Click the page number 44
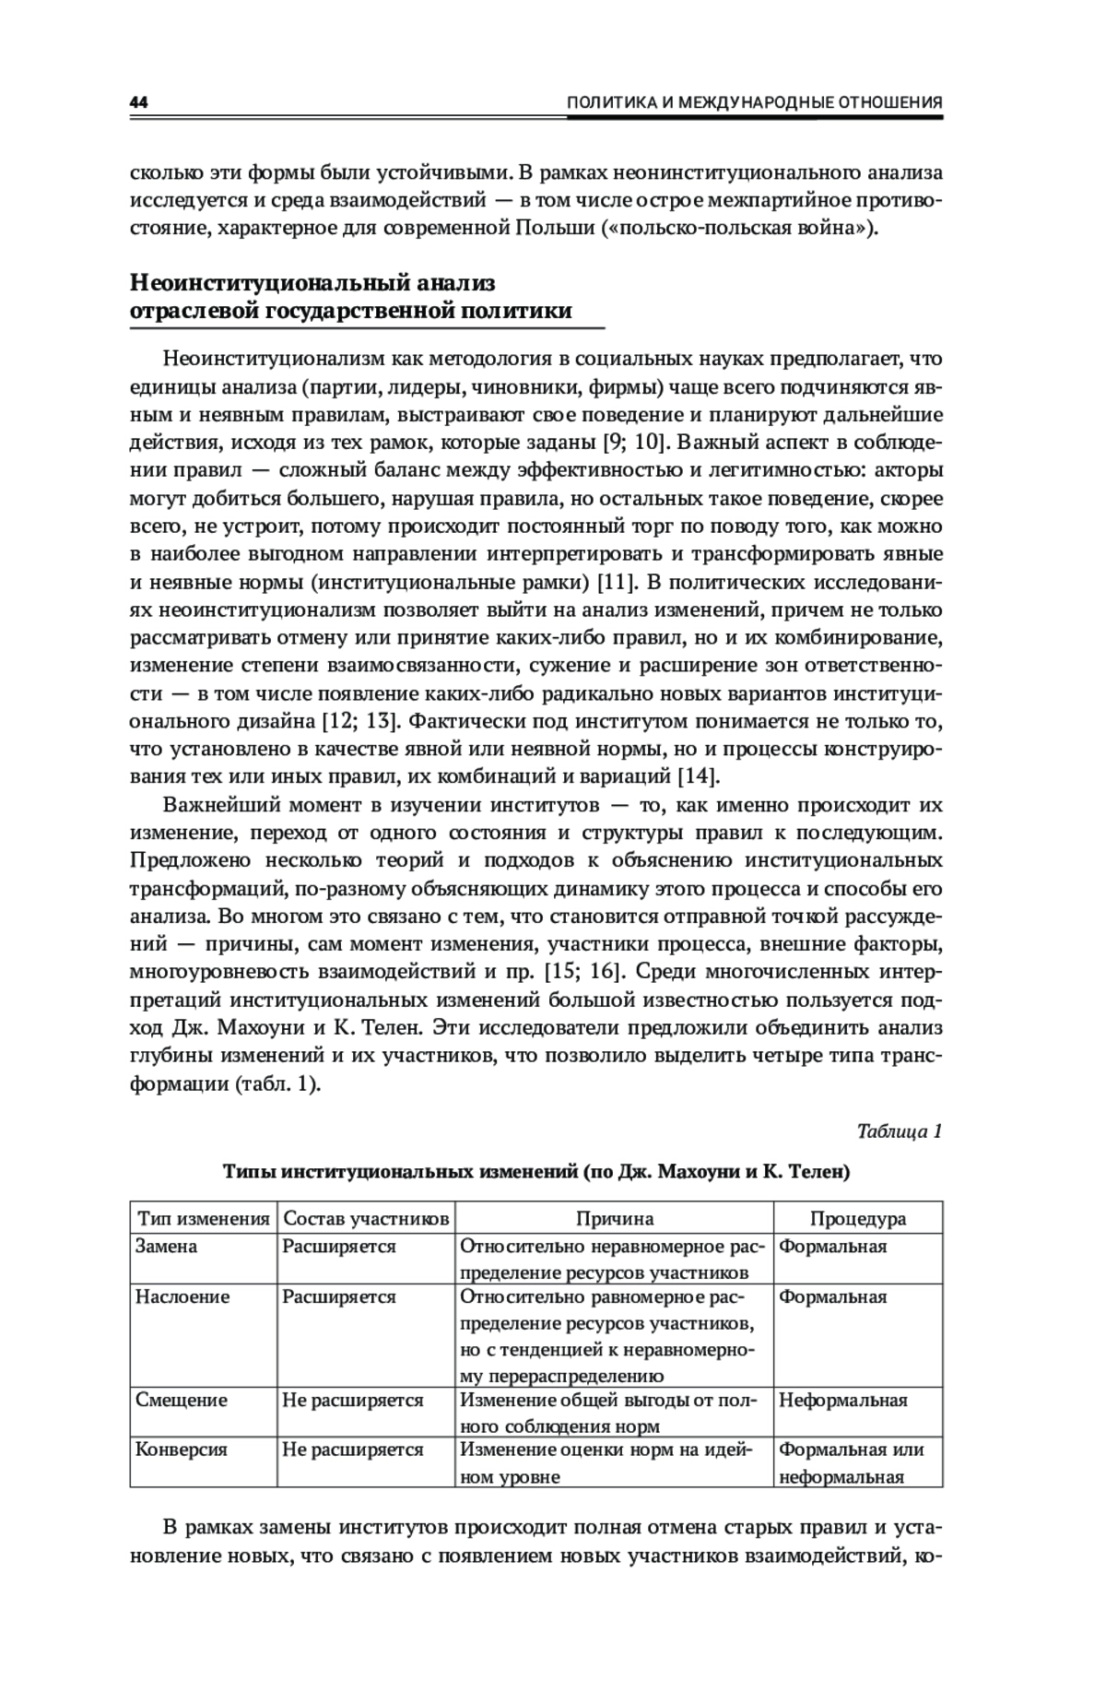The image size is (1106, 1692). coord(139,102)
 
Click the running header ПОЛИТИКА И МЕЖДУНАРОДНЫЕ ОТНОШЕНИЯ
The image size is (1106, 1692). coord(754,102)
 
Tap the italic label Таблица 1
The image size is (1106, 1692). coord(899,1130)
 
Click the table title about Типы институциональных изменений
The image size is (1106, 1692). coord(535,1172)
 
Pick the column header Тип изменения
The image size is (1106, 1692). coord(203,1218)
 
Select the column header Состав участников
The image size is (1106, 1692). coord(366,1218)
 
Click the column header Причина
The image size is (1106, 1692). coord(615,1218)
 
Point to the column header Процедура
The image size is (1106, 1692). coord(857,1218)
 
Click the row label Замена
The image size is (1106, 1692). coord(167,1247)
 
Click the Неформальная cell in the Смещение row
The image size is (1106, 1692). coord(843,1400)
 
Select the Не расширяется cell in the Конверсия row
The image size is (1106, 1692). coord(353,1449)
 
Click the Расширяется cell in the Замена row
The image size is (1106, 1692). coord(339,1247)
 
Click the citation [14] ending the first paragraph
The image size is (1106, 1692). coord(698,775)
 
